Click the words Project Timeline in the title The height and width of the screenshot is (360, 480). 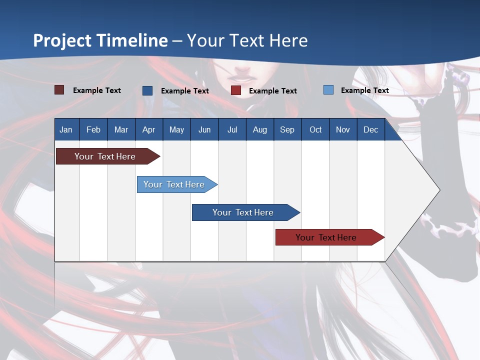coord(100,40)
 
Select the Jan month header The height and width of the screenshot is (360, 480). coord(66,130)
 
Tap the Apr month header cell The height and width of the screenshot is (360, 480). coord(148,130)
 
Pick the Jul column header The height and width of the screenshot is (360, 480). coord(232,130)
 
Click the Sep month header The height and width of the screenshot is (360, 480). coord(287,130)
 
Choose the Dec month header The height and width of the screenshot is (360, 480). coord(370,130)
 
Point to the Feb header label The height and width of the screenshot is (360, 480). coord(93,130)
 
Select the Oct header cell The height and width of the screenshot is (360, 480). coord(315,130)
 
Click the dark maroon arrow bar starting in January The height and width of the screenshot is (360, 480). coord(105,156)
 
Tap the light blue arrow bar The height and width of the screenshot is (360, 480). coord(174,184)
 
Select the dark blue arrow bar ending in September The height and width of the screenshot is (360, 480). coord(243,212)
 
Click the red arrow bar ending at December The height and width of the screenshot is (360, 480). coord(326,237)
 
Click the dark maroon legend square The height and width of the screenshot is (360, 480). coord(59,90)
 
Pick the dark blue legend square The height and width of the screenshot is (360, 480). coord(147,90)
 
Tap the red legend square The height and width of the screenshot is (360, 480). coord(236,90)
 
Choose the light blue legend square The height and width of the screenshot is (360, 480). coord(328,90)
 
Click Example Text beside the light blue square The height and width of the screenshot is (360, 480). coord(364,90)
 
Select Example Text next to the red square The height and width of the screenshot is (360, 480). coord(272,91)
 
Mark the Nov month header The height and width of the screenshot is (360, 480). coord(343,130)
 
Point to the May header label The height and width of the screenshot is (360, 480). coord(176,130)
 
